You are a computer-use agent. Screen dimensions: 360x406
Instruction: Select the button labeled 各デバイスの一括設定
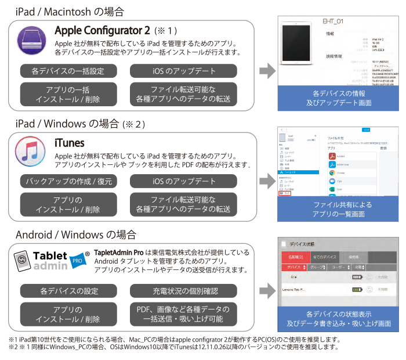(x=68, y=71)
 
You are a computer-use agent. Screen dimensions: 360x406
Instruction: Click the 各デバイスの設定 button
(x=68, y=290)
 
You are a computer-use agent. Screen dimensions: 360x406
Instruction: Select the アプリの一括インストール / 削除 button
(x=68, y=94)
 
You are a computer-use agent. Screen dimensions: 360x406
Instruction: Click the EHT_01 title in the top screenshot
(x=334, y=21)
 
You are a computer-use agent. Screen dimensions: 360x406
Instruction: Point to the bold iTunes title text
(x=69, y=143)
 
